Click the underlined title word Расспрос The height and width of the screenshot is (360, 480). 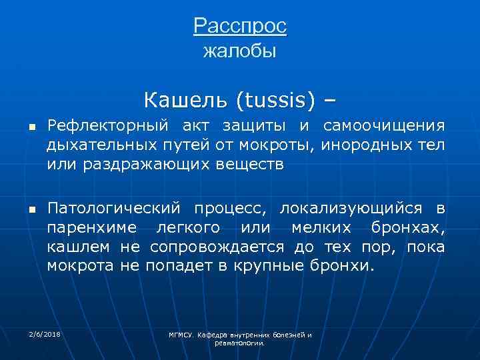point(240,26)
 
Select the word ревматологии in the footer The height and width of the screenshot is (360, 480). point(240,343)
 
